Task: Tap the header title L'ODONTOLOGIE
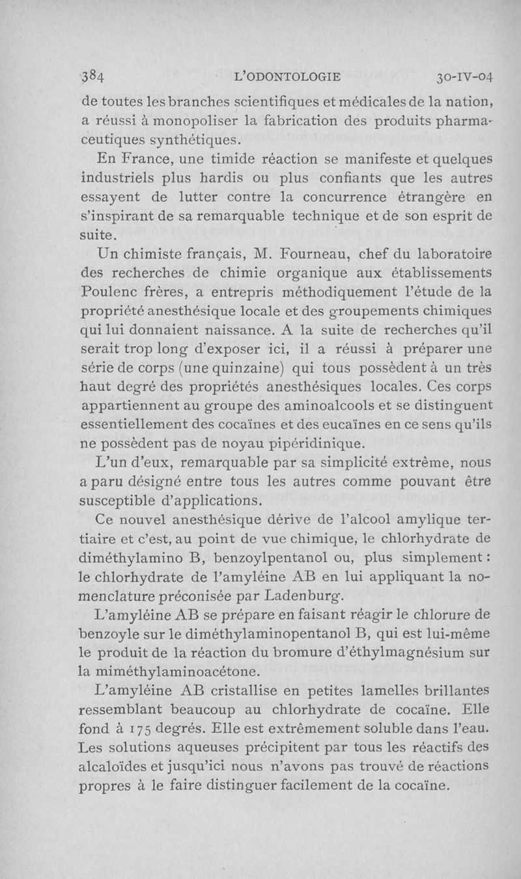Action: point(287,77)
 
